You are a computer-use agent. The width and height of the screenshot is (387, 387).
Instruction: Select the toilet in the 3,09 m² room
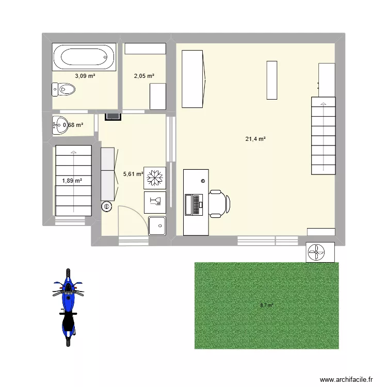(64, 90)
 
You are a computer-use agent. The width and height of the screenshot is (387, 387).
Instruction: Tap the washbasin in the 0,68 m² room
(60, 124)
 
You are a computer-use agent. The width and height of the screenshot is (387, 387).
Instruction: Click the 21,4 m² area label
(255, 139)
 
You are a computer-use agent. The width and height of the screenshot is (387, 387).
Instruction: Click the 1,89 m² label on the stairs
(72, 181)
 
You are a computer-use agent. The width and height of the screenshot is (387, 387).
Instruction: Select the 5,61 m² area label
(133, 174)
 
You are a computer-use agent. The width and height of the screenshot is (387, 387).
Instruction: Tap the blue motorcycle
(68, 307)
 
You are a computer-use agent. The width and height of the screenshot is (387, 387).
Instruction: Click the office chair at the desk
(219, 203)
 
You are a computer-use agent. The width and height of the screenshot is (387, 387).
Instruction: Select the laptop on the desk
(196, 204)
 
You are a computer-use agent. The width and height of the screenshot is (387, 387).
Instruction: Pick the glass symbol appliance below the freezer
(155, 201)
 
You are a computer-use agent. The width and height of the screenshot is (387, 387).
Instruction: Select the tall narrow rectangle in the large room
(272, 80)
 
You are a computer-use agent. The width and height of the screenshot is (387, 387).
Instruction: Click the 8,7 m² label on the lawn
(267, 305)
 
